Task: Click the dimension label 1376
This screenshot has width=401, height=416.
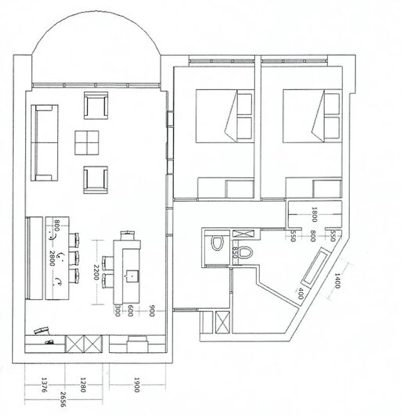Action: pyautogui.click(x=44, y=385)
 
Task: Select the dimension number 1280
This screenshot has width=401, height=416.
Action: pyautogui.click(x=83, y=385)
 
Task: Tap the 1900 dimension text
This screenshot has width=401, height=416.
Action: pyautogui.click(x=136, y=385)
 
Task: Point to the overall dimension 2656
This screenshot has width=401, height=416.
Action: pyautogui.click(x=63, y=399)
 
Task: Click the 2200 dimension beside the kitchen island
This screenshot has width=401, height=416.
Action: pyautogui.click(x=96, y=272)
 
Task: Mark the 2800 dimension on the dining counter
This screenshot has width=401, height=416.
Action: pyautogui.click(x=52, y=258)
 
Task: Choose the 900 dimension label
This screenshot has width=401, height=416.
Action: pyautogui.click(x=152, y=310)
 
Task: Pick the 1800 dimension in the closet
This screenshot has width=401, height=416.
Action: pyautogui.click(x=314, y=214)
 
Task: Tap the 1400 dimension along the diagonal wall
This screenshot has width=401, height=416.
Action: pyautogui.click(x=337, y=280)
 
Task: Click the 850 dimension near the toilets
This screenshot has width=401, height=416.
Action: pyautogui.click(x=234, y=252)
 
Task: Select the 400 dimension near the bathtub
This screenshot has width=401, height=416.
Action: pyautogui.click(x=301, y=293)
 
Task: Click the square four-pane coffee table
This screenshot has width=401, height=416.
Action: pyautogui.click(x=86, y=142)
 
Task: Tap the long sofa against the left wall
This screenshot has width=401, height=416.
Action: pyautogui.click(x=44, y=142)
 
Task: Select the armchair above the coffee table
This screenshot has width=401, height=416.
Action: pyautogui.click(x=96, y=106)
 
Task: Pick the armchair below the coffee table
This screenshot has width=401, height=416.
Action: pyautogui.click(x=96, y=180)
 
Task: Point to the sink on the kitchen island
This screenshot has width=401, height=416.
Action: pyautogui.click(x=132, y=276)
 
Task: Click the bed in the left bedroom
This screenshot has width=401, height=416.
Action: pyautogui.click(x=224, y=116)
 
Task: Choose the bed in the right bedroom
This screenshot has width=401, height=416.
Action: pyautogui.click(x=311, y=116)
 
